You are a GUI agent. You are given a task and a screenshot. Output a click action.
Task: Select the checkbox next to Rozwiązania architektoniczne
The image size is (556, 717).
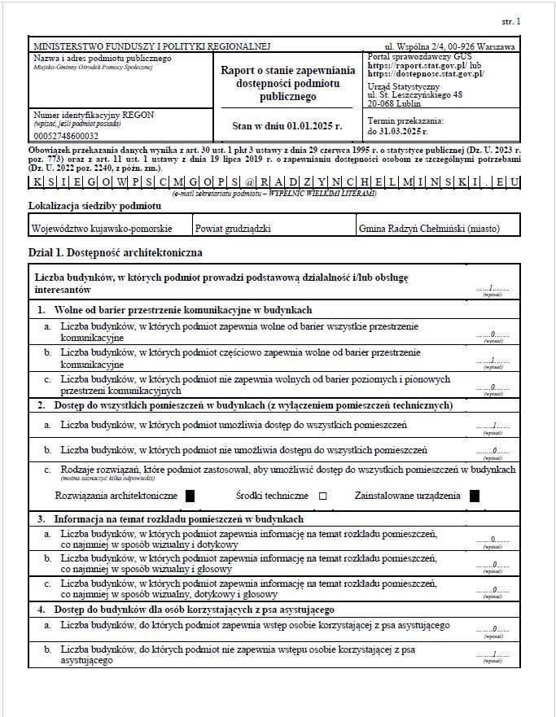coord(190,495)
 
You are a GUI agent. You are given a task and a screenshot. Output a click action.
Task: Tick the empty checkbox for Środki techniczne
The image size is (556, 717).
coord(322,496)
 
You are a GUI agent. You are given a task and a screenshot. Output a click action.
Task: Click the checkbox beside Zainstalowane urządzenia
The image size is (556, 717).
coord(474,495)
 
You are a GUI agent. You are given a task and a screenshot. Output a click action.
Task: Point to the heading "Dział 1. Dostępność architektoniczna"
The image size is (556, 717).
coord(115,253)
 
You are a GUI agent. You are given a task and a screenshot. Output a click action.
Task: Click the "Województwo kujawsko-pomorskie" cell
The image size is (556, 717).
coord(101,229)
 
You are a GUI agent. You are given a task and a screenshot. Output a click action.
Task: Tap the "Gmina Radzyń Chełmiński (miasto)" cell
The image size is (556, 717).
coord(428,229)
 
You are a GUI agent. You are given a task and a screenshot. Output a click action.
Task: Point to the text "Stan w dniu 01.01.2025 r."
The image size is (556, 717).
coord(287,126)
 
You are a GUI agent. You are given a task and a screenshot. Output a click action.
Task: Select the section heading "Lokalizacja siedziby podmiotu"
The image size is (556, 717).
coord(94,206)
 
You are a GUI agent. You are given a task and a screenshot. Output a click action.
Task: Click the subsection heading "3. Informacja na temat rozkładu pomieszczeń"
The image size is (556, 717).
coord(178,518)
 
